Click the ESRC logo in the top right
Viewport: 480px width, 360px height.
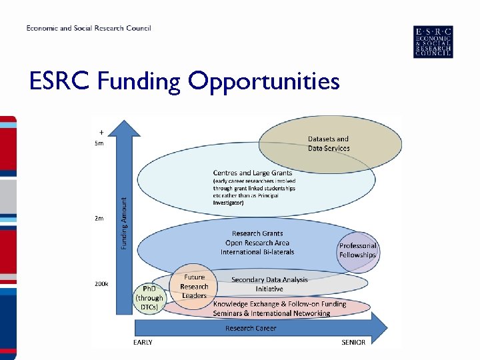tap(433, 42)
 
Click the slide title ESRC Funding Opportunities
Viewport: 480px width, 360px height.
tap(185, 82)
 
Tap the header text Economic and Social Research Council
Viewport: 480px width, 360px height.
tap(89, 28)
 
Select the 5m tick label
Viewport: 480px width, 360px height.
tap(99, 143)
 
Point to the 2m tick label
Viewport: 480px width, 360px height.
tap(99, 218)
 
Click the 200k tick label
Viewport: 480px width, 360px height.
tap(101, 283)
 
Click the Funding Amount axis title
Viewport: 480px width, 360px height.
tap(123, 222)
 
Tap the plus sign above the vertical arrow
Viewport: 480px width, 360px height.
tap(101, 132)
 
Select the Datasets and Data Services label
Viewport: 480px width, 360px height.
tap(328, 144)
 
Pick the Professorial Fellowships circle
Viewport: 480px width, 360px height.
tap(357, 251)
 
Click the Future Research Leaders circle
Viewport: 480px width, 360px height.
tap(194, 286)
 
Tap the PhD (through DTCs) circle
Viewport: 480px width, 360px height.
tap(149, 298)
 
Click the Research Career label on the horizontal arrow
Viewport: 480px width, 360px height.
tap(250, 328)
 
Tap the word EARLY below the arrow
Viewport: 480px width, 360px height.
tap(143, 343)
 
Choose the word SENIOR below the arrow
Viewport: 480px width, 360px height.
tap(353, 343)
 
